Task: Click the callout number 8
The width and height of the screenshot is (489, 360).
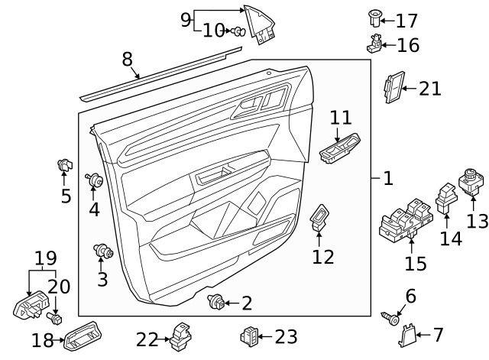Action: coord(127,59)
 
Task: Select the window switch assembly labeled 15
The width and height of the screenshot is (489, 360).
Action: coord(409,215)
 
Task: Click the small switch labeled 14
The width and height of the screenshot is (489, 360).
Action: coord(445,196)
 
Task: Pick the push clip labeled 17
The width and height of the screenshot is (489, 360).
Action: coord(374,16)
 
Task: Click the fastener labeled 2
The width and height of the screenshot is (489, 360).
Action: coord(216,303)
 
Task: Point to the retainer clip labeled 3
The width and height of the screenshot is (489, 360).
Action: coord(102,251)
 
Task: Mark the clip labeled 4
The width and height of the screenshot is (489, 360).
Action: coord(96,181)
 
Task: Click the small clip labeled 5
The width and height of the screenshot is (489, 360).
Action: coord(64,164)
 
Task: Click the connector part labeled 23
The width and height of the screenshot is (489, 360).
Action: coord(249,335)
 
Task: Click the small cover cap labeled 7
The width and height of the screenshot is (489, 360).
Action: coord(407,334)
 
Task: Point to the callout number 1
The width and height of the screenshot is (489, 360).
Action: coord(388,178)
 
